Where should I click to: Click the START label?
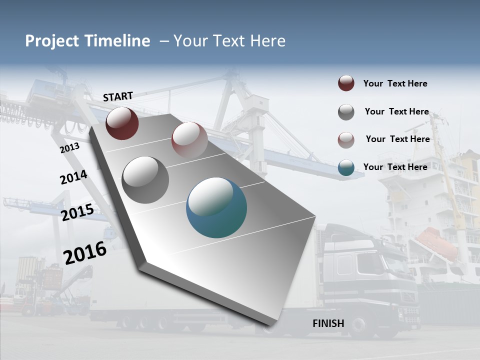118,96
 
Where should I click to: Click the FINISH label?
328,323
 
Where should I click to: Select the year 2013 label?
69,147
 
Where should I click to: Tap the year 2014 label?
73,177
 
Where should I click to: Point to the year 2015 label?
77,212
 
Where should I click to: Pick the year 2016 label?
85,252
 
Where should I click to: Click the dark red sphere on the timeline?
122,123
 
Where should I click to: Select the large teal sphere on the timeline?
216,207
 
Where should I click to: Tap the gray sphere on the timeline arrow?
145,180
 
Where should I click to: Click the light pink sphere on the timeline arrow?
189,140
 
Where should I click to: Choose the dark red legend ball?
346,83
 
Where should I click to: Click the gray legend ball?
346,112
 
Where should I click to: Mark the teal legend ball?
346,167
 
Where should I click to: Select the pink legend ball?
346,140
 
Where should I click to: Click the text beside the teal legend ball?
395,167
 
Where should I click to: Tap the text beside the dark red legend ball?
395,83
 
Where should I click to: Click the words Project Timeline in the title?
87,41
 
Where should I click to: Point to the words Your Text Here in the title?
229,41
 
